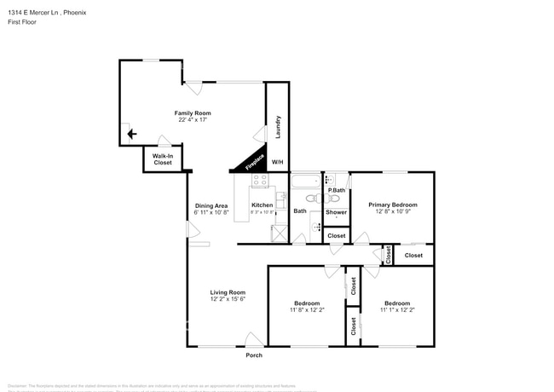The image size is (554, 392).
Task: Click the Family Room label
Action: click(x=193, y=113)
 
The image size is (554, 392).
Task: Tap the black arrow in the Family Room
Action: click(x=130, y=133)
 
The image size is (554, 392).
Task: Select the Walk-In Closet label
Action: click(x=163, y=159)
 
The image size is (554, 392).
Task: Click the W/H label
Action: click(x=277, y=162)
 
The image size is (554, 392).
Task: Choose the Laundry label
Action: click(x=278, y=126)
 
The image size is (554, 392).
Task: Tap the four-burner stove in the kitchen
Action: click(x=259, y=181)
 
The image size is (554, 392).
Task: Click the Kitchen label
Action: click(x=263, y=205)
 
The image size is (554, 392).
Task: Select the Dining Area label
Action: click(x=211, y=205)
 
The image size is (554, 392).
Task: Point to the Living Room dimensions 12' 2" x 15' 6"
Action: click(x=228, y=299)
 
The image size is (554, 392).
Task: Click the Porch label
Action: click(x=254, y=355)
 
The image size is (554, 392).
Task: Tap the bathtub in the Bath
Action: click(x=305, y=180)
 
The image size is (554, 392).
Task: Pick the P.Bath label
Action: click(x=337, y=190)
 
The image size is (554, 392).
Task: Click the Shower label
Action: click(x=337, y=211)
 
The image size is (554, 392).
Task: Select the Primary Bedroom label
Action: click(x=393, y=205)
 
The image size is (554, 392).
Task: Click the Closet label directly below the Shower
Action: click(x=337, y=235)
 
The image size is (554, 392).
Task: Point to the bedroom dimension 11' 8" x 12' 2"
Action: click(x=307, y=310)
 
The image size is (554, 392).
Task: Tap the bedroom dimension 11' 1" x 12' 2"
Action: click(x=396, y=310)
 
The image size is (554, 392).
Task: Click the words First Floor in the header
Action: click(x=22, y=23)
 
